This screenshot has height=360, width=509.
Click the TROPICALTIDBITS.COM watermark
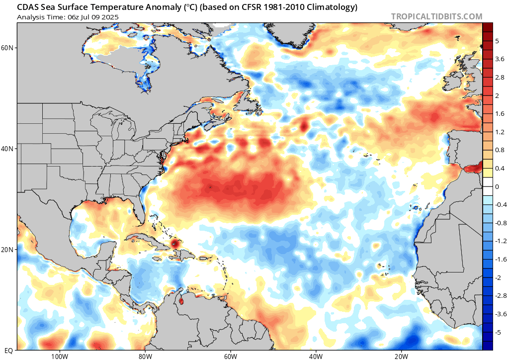436,16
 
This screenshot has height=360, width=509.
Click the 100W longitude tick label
59,356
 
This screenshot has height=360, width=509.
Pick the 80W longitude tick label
145,356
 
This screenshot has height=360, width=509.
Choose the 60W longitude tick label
230,356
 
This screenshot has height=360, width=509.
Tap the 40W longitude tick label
316,356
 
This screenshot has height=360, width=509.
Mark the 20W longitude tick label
401,356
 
